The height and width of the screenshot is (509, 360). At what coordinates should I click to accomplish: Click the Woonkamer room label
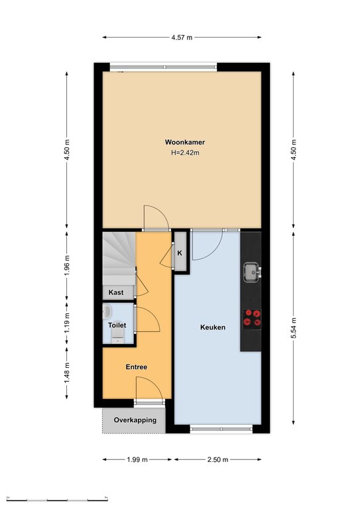(185, 142)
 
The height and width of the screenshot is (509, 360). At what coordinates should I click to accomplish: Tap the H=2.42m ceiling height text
(185, 152)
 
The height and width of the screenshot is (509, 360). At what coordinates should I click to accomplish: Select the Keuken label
(213, 327)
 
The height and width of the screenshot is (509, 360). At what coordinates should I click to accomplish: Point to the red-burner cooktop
(252, 319)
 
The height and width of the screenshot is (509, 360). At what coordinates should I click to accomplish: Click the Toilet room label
(117, 325)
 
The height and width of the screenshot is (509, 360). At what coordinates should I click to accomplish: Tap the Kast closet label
(116, 292)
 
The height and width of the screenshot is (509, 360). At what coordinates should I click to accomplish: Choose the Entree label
(137, 367)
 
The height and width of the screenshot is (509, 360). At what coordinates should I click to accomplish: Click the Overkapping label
(135, 420)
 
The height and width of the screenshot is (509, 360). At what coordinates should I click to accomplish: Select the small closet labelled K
(180, 253)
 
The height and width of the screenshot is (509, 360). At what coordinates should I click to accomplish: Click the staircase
(119, 258)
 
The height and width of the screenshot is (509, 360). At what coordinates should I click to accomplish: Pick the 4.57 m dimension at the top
(182, 37)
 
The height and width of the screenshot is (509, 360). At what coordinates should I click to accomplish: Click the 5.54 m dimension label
(294, 328)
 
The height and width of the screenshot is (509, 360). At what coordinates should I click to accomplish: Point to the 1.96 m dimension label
(67, 265)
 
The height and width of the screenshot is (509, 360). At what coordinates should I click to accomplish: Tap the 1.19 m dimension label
(67, 322)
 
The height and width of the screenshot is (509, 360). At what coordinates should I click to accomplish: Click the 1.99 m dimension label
(137, 460)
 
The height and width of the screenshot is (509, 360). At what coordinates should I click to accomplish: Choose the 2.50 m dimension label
(218, 460)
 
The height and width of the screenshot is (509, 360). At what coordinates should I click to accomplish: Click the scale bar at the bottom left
(57, 498)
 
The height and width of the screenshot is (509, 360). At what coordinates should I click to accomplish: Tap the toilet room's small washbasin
(107, 311)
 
